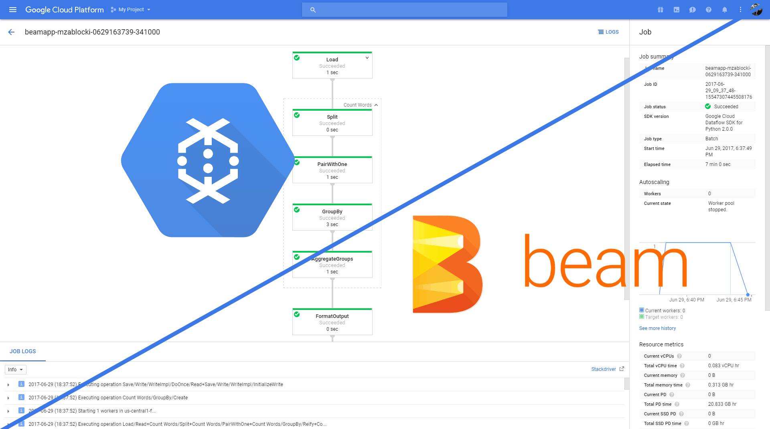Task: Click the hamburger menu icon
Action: pos(13,10)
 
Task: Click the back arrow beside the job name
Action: pos(11,32)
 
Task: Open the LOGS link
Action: pos(608,32)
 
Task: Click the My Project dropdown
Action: pos(131,10)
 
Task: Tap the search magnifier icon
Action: pos(313,10)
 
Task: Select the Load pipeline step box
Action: pos(332,65)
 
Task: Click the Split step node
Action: pos(332,123)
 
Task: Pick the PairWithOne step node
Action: pos(332,170)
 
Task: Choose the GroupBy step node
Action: pos(332,217)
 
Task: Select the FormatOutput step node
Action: pos(332,322)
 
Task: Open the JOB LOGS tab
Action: pos(23,351)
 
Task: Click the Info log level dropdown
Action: pos(16,370)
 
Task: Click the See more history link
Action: pos(657,328)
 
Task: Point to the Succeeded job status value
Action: pos(725,107)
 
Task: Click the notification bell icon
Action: pos(724,10)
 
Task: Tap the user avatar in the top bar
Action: pos(756,10)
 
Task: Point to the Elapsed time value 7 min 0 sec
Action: pos(717,164)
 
